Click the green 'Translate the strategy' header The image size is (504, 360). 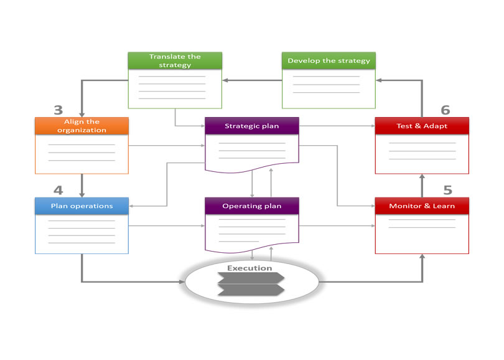(175, 60)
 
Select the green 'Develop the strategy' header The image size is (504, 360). (329, 60)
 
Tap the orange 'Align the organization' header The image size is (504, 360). (82, 126)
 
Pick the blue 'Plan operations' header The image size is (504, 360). (82, 206)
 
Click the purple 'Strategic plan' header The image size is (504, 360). (252, 126)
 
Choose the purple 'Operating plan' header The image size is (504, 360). (252, 206)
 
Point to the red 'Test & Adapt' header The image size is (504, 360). (422, 126)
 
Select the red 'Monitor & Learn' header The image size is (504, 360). (422, 206)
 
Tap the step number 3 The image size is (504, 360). (58, 110)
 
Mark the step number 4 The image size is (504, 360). (58, 190)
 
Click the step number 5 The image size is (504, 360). (447, 190)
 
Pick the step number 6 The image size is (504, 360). (446, 110)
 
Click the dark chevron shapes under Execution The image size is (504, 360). (251, 284)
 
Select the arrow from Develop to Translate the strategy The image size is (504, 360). (252, 80)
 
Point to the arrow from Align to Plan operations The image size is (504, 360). (82, 186)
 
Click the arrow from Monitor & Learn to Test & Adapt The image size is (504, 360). (422, 186)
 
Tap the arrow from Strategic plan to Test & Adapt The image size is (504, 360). (337, 126)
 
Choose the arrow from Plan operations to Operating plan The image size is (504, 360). (167, 225)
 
